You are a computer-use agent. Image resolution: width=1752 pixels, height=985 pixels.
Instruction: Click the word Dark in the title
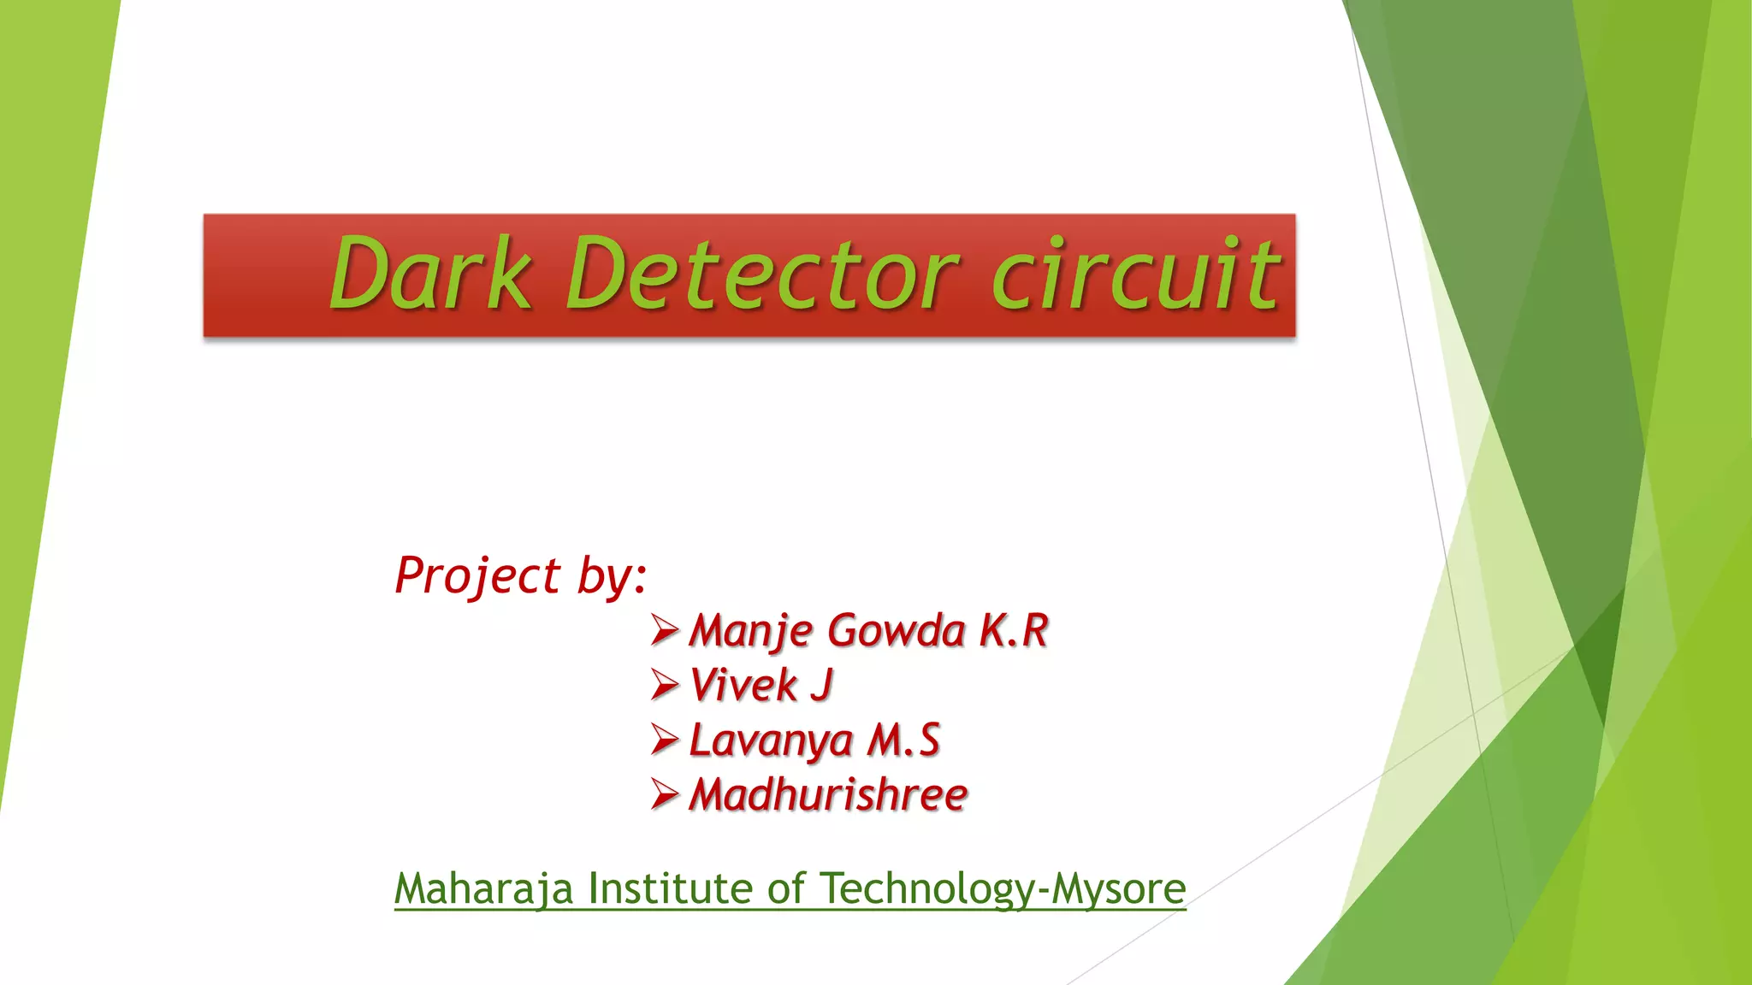coord(429,274)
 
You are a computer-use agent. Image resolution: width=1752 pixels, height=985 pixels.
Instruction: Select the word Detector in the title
coord(761,274)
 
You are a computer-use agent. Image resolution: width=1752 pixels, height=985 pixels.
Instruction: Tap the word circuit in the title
coord(1135,274)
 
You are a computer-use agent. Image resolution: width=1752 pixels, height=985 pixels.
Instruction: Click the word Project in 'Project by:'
coord(477,575)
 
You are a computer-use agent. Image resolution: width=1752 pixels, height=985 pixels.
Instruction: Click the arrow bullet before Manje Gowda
coord(665,630)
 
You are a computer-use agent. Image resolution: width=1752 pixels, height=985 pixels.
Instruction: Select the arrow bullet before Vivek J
coord(665,685)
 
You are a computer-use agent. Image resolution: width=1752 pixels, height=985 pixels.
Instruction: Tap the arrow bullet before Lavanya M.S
coord(665,740)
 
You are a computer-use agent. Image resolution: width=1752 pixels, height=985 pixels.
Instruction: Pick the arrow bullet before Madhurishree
coord(665,794)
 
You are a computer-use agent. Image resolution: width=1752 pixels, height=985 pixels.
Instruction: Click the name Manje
coord(751,631)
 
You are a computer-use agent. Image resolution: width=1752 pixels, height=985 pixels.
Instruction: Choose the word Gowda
coord(896,631)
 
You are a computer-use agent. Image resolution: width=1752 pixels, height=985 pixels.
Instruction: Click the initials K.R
coord(1014,631)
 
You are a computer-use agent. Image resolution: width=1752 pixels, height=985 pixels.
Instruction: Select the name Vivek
coord(743,686)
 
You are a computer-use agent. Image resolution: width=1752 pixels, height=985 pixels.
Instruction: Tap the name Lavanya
coord(771,740)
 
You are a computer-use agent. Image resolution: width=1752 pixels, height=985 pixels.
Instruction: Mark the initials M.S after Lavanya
coord(903,740)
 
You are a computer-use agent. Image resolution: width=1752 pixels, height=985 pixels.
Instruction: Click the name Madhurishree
coord(828,795)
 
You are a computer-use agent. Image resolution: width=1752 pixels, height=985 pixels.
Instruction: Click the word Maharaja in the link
coord(483,888)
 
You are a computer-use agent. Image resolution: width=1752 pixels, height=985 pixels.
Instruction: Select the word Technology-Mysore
coord(1003,888)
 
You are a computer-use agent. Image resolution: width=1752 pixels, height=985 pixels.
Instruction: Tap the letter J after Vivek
coord(821,686)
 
